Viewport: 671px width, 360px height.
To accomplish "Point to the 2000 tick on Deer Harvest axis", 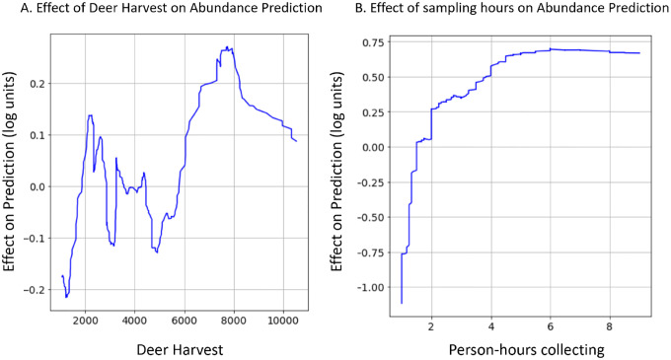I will (86, 320).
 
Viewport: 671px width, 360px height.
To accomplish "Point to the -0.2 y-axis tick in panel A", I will (37, 289).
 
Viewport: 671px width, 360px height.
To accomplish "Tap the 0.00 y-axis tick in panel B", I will (373, 147).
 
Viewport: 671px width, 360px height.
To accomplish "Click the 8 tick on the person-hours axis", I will (610, 320).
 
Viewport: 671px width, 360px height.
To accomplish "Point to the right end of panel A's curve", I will (296, 141).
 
